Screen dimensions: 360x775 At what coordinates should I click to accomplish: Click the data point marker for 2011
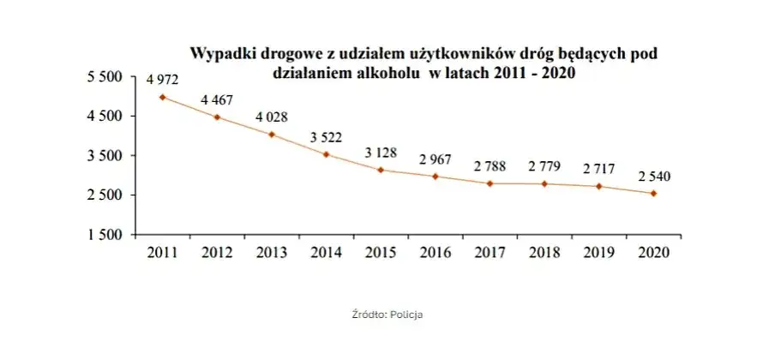[x=162, y=97]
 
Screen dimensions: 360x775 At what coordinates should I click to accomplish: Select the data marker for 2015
[x=381, y=170]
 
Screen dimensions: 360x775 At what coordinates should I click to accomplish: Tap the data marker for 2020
[x=654, y=194]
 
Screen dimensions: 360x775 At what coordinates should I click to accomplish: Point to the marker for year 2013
[x=272, y=135]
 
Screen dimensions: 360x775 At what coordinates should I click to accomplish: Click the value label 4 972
[x=162, y=80]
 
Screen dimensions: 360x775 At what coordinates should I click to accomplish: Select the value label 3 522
[x=326, y=136]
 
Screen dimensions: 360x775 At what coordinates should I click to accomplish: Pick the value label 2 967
[x=436, y=159]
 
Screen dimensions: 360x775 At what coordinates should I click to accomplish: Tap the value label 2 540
[x=654, y=177]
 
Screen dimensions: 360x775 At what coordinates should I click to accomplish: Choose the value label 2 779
[x=545, y=165]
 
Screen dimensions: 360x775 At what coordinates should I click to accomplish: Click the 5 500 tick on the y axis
[x=107, y=77]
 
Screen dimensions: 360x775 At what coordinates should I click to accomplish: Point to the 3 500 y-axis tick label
[x=107, y=156]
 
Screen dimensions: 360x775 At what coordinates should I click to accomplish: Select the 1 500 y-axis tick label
[x=107, y=235]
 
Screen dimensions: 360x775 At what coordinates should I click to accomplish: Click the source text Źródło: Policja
[x=387, y=315]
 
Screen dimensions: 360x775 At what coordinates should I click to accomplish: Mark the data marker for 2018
[x=545, y=184]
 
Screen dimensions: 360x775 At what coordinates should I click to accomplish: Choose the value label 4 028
[x=272, y=117]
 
